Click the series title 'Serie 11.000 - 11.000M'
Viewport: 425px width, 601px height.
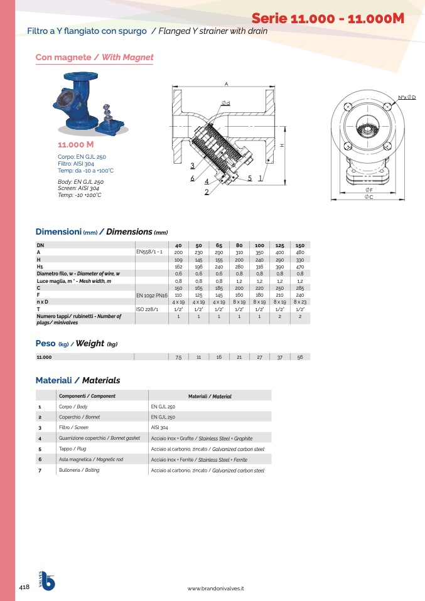pos(328,18)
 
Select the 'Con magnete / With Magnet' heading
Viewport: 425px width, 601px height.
pos(94,58)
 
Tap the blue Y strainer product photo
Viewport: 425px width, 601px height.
pos(90,104)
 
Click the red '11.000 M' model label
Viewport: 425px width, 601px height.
pos(75,144)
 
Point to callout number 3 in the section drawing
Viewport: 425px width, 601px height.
pos(193,166)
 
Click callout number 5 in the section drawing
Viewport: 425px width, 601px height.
pos(250,178)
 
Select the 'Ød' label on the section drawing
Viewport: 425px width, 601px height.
pos(225,103)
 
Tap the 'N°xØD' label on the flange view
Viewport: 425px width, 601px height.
pos(407,97)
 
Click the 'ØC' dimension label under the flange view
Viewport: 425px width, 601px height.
pos(369,196)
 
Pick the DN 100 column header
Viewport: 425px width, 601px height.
pos(259,245)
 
